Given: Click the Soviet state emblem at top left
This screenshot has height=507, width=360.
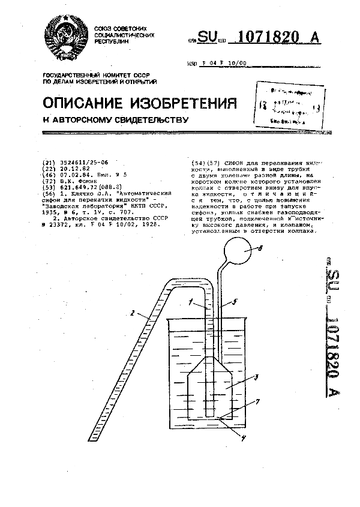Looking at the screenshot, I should (x=65, y=37).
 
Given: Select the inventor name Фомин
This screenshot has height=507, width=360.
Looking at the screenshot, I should (x=88, y=181).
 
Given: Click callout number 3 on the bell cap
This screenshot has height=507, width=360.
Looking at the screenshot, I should (x=256, y=377).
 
